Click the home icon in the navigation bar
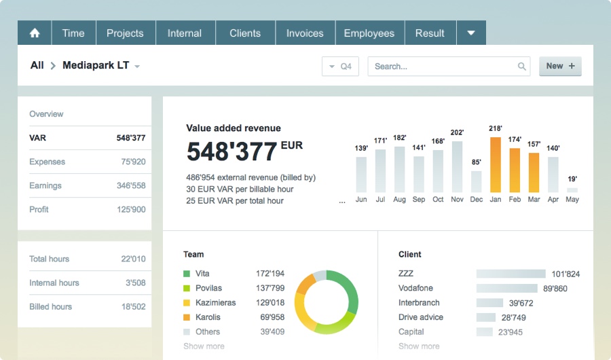coord(35,33)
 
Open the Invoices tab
coord(305,33)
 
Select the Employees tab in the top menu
coord(369,33)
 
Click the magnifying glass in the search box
coord(522,67)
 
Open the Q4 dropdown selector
coord(340,67)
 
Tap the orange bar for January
coord(496,164)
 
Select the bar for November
coord(457,166)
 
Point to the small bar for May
coord(572,190)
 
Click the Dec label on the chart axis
coord(477,200)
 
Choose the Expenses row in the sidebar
coord(48,162)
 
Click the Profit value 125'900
coord(131,209)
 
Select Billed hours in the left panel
coord(50,306)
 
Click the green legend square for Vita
coord(187,274)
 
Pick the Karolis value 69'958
coord(272,317)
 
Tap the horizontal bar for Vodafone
coord(507,289)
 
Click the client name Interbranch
coord(419,303)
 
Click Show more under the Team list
coord(204,346)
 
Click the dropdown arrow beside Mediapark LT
coord(137,67)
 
